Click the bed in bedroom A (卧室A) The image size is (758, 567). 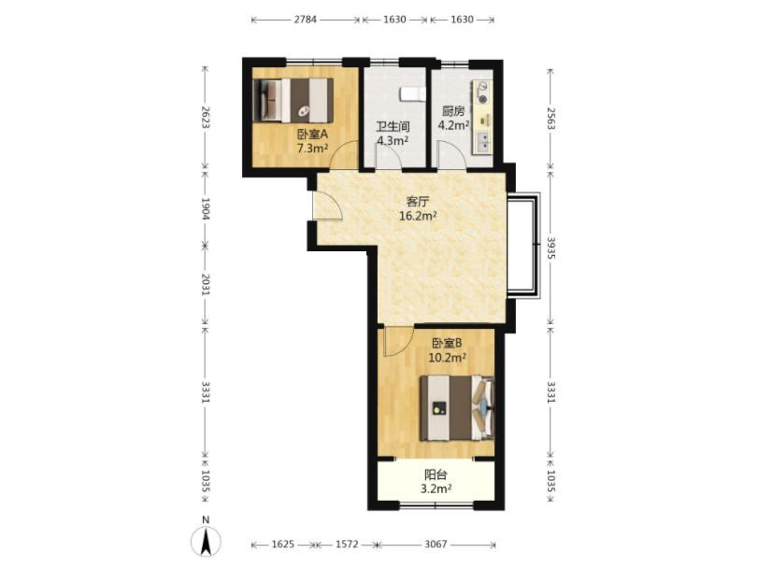[x=293, y=100]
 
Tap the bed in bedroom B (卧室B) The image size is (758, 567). [x=457, y=408]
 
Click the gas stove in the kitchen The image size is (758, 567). [x=482, y=92]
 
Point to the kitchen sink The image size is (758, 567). [x=482, y=141]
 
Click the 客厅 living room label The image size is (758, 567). [x=417, y=201]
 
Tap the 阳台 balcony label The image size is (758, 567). [x=436, y=475]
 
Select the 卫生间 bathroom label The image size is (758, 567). [x=393, y=126]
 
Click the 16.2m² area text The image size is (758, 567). [x=418, y=216]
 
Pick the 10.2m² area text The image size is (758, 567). [x=447, y=358]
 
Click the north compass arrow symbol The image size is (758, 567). [x=206, y=542]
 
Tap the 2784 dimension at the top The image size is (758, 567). [x=305, y=20]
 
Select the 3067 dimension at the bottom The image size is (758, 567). [x=436, y=545]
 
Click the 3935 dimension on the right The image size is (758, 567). [x=551, y=248]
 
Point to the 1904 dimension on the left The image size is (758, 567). [x=205, y=208]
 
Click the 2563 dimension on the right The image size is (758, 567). [x=551, y=119]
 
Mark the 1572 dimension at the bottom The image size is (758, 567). [x=347, y=545]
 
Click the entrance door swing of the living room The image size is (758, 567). [x=328, y=205]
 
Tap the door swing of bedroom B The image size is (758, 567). [x=398, y=341]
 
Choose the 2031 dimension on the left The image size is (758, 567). [x=205, y=285]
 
